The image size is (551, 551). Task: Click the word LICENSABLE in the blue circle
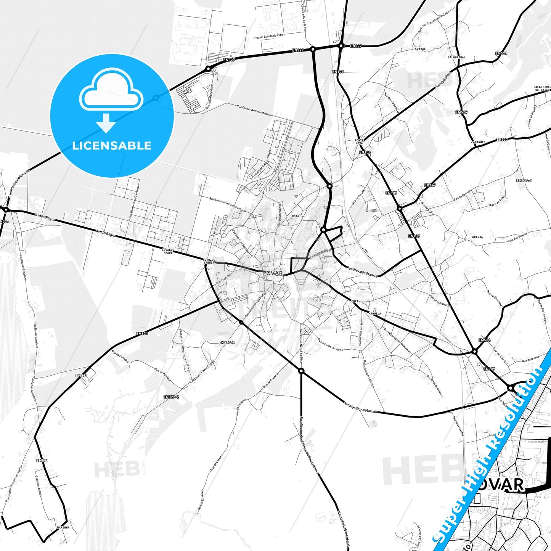[x=112, y=145]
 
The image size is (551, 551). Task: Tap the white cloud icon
[x=111, y=92]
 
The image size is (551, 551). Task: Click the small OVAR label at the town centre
[x=275, y=273]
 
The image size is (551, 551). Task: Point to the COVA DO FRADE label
[x=168, y=251]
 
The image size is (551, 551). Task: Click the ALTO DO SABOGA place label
[x=209, y=261]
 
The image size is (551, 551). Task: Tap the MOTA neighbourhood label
[x=295, y=216]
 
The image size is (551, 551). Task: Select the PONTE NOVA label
[x=359, y=141]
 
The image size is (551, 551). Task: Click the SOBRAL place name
[x=420, y=49]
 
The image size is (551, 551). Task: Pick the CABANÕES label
[x=479, y=142]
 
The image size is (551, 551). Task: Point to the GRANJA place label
[x=477, y=237]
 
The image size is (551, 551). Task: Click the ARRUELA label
[x=375, y=313]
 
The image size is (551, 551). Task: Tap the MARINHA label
[x=63, y=527]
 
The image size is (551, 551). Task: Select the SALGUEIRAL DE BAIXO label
[x=542, y=88]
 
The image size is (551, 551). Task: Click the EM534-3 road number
[x=524, y=180]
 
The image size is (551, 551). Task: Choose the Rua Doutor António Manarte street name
[x=254, y=110]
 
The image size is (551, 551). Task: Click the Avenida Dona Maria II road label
[x=360, y=407]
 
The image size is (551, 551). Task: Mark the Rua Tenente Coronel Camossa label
[x=228, y=204]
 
